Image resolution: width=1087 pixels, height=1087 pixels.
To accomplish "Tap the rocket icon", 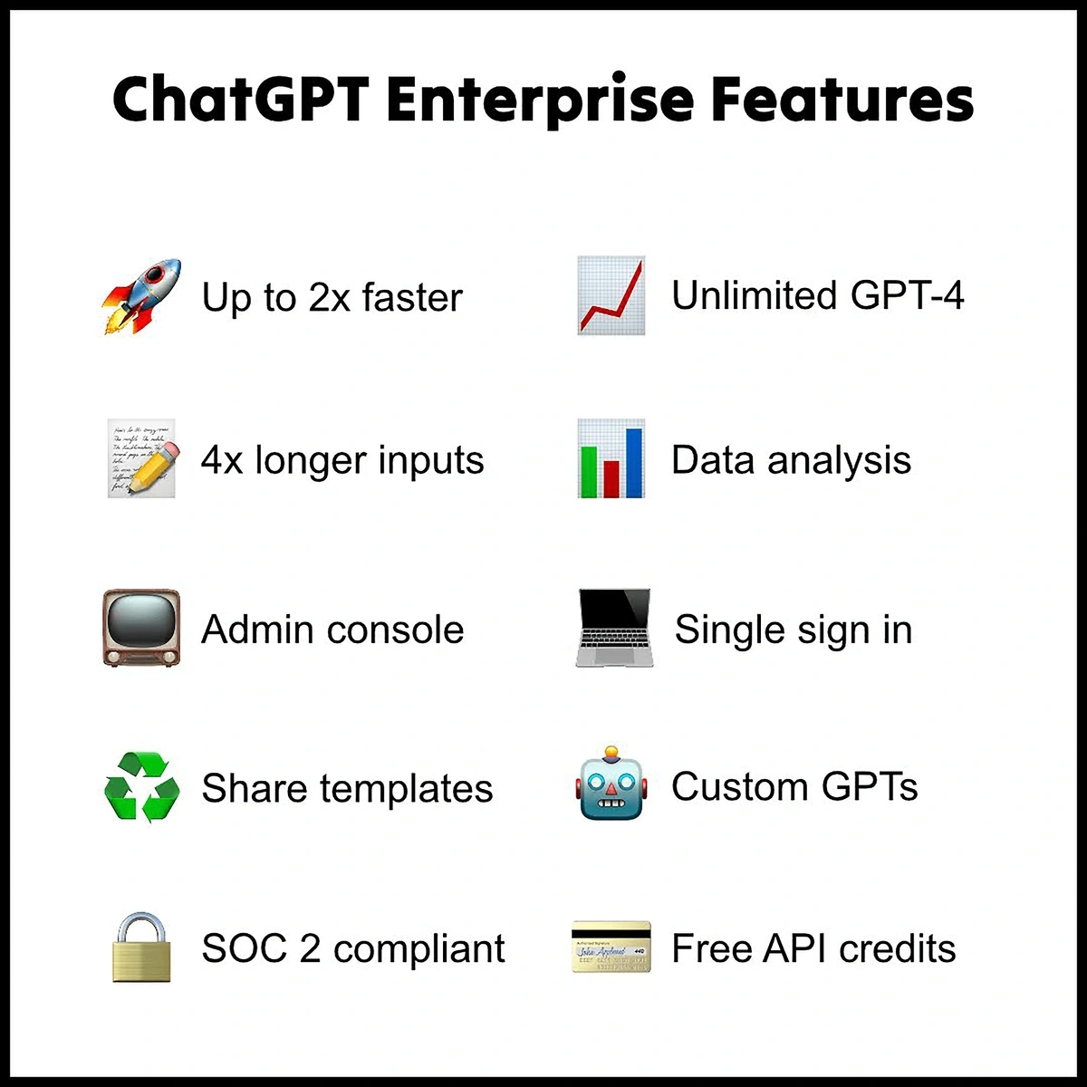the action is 141,296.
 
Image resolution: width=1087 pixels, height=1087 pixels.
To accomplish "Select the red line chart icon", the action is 611,295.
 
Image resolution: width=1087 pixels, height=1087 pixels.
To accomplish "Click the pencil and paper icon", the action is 142,458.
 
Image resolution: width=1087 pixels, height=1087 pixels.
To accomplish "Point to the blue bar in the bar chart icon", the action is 634,463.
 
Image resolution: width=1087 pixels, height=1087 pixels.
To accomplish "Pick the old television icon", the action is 141,628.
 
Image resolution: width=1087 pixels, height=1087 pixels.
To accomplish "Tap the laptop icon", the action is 614,627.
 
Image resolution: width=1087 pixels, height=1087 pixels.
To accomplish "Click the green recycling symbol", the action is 142,787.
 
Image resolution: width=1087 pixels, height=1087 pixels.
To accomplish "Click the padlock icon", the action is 141,948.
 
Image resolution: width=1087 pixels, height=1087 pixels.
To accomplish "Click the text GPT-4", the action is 907,295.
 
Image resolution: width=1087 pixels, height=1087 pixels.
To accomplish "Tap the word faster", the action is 412,297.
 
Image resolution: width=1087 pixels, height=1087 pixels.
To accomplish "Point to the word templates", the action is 407,788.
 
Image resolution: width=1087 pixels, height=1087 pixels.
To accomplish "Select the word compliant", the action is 419,948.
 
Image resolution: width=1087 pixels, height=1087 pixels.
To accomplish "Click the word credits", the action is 898,948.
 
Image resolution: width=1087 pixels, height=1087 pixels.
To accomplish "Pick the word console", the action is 396,630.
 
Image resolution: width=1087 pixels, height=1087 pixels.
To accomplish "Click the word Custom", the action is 739,786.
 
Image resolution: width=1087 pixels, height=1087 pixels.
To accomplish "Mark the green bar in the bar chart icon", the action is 589,472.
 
